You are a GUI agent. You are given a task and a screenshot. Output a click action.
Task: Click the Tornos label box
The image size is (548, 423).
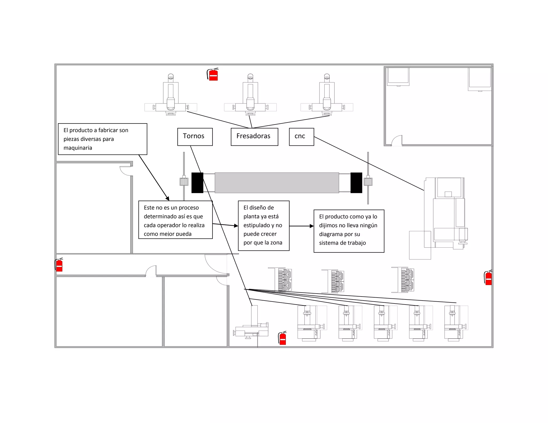(195, 137)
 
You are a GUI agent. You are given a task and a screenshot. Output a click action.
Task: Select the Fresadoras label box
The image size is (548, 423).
(254, 137)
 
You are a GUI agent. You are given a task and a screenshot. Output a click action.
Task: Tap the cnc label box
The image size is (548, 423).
(301, 137)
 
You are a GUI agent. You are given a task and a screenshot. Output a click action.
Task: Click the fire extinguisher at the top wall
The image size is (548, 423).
(213, 74)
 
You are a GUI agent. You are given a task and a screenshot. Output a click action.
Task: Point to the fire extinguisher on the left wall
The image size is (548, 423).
(59, 265)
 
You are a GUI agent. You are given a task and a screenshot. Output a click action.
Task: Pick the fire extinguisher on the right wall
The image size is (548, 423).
(488, 278)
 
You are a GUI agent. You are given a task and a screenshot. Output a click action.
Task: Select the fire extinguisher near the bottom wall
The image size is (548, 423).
(283, 338)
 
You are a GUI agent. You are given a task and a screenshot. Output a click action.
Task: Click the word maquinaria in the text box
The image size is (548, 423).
(78, 148)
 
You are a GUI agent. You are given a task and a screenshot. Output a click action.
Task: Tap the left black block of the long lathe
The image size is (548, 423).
(197, 183)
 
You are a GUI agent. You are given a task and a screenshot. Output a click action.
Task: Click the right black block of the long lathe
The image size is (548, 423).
(356, 183)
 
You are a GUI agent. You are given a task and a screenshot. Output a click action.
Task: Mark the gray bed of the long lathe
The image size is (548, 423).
(277, 183)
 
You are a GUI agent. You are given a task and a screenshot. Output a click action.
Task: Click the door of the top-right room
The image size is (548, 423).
(397, 141)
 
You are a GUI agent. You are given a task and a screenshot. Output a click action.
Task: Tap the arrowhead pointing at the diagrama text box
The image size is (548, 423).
(311, 226)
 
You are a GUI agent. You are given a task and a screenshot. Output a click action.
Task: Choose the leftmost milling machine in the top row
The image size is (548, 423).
(171, 96)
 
